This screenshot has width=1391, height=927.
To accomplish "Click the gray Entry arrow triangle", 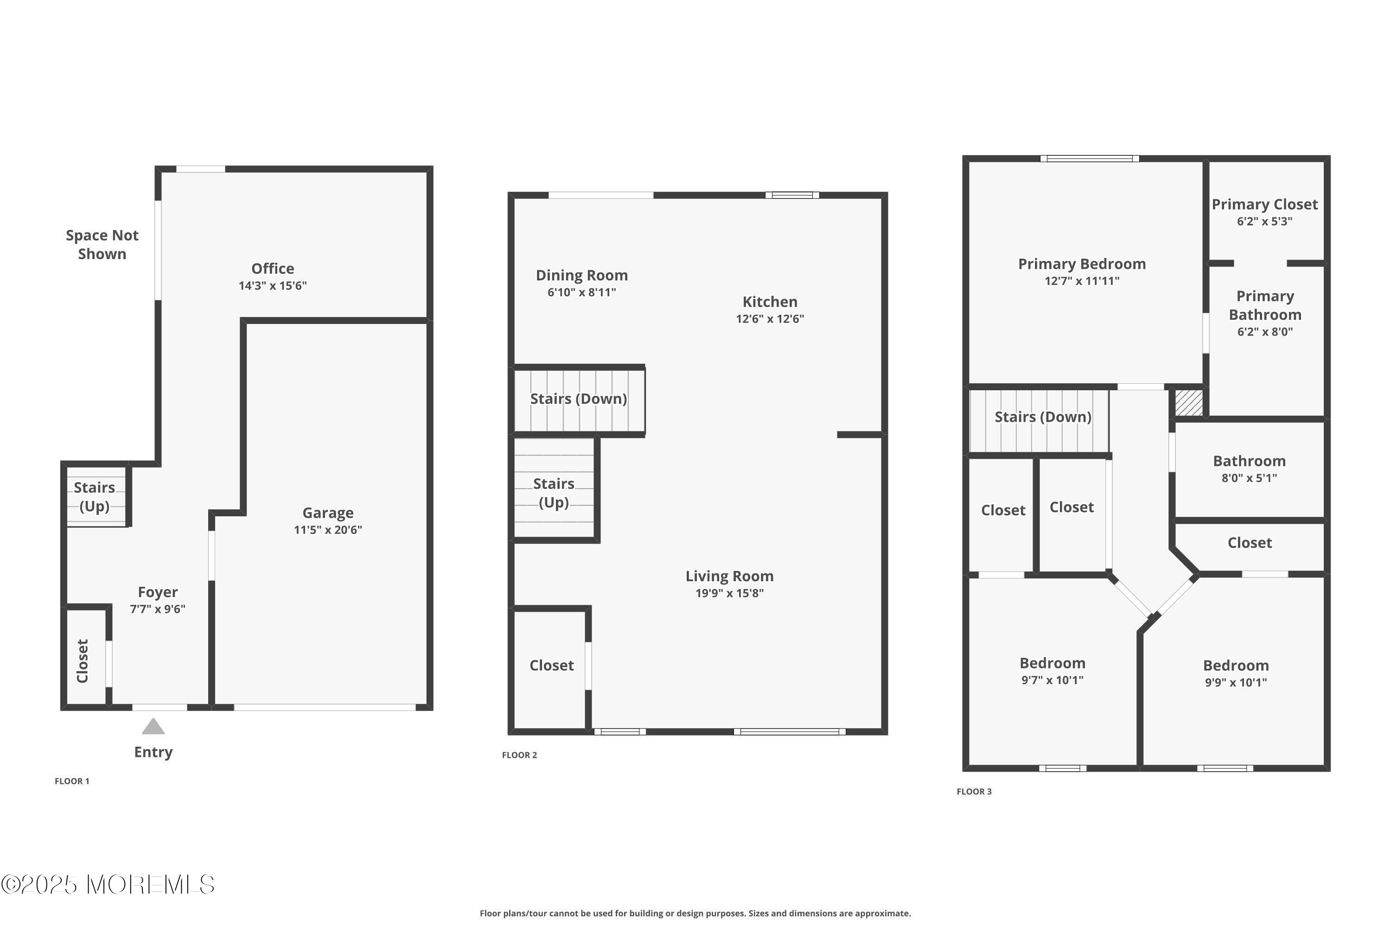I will (153, 727).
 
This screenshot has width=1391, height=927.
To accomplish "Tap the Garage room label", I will (328, 513).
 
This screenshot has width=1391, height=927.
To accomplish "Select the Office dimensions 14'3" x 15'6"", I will (273, 286).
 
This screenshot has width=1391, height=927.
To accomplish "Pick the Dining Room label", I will (581, 275).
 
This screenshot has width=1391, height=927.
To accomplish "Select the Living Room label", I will (729, 576).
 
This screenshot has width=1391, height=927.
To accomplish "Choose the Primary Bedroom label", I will (1082, 264).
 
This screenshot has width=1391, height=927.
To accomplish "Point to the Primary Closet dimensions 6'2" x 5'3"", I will (1264, 222).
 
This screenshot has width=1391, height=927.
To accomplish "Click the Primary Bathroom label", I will (1265, 305).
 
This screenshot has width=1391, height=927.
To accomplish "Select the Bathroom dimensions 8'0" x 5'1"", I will (1249, 478).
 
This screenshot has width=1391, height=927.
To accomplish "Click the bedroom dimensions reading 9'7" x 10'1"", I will (1052, 680).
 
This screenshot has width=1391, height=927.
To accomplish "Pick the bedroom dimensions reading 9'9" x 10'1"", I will (1236, 683).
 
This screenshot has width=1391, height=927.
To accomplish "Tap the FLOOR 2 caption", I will (519, 755).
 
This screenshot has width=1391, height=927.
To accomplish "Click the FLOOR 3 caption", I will (974, 792).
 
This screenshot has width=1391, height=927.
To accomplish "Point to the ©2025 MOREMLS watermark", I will (108, 884).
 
